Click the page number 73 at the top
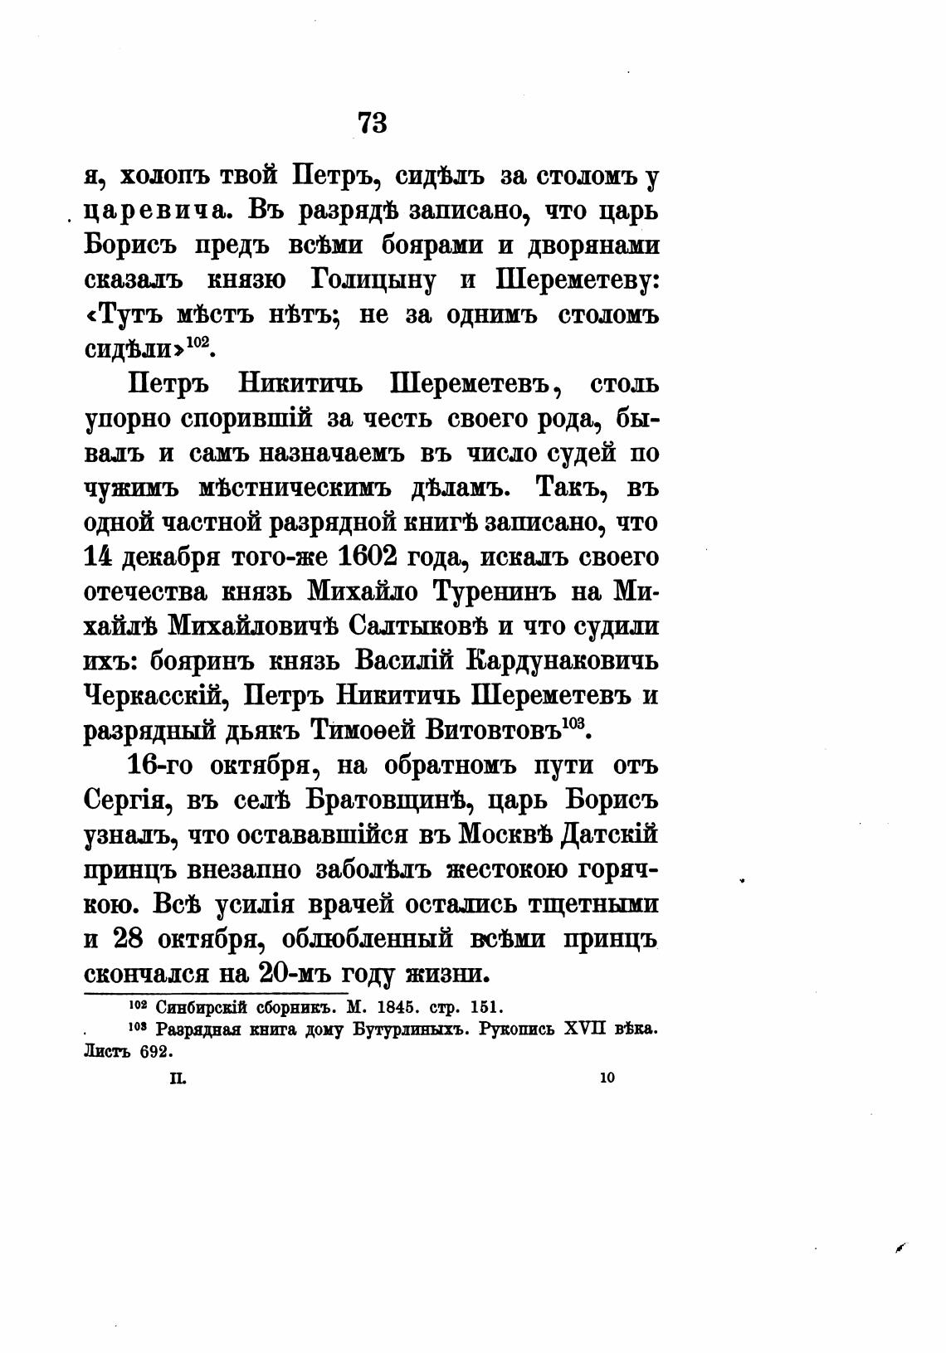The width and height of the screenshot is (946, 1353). [x=373, y=122]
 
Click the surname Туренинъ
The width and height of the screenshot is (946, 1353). [x=502, y=592]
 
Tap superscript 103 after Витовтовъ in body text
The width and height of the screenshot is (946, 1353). [x=574, y=723]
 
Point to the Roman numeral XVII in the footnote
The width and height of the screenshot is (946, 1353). [x=585, y=1029]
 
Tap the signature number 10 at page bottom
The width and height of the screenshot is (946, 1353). [x=606, y=1078]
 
